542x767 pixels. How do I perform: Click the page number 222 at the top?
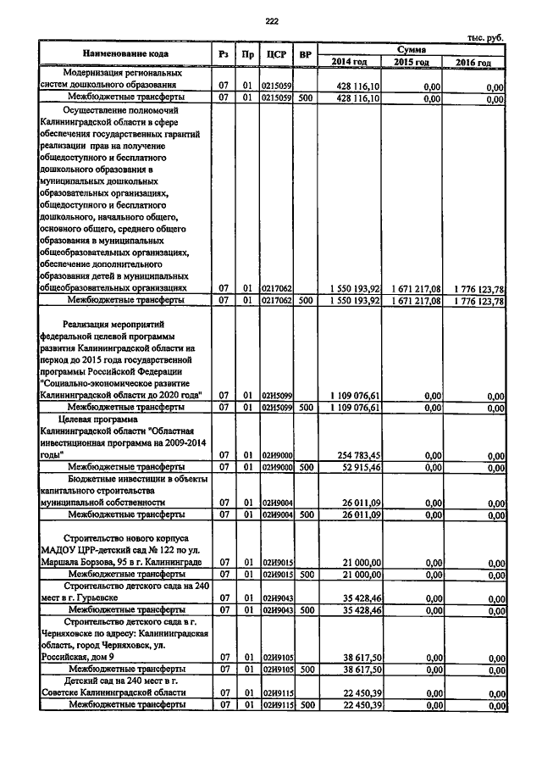tap(271, 21)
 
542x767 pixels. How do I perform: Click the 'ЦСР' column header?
tap(277, 55)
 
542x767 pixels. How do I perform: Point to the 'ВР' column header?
tap(306, 55)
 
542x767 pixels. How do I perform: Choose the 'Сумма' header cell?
tap(414, 49)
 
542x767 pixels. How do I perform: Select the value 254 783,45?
tap(356, 454)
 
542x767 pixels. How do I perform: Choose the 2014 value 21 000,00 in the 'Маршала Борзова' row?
tap(362, 562)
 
